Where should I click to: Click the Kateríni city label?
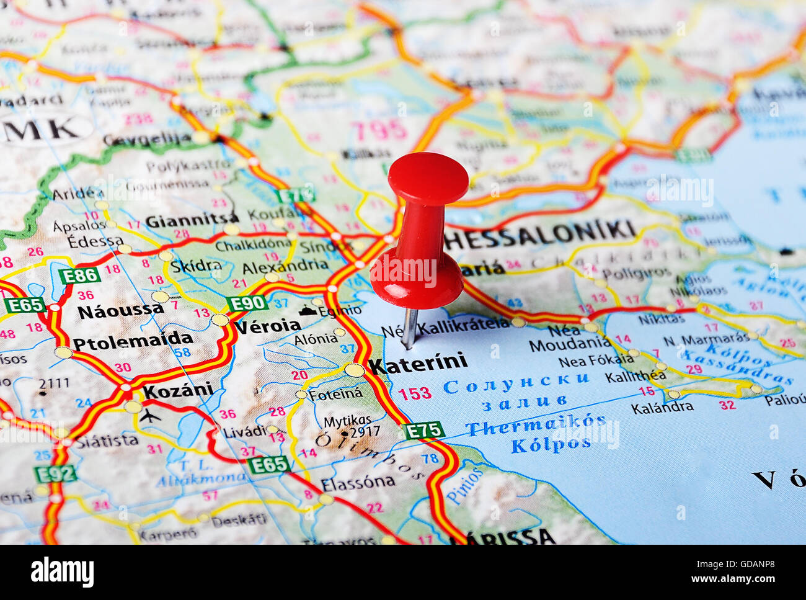418,364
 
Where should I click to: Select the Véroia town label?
267,326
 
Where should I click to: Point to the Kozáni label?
178,391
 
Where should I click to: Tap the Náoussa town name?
120,310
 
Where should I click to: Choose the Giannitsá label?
192,220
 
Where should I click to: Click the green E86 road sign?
79,275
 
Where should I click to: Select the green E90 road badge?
247,303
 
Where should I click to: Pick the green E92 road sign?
55,474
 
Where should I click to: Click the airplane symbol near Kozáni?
150,415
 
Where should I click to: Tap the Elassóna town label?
358,482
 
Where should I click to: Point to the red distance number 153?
415,393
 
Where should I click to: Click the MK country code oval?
43,128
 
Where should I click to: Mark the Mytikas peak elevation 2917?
365,432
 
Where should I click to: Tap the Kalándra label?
662,408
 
